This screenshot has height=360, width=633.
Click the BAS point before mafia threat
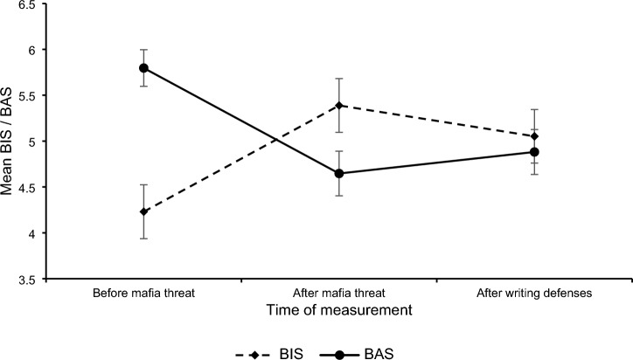pyautogui.click(x=143, y=67)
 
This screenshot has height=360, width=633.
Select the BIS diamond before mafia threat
pyautogui.click(x=143, y=211)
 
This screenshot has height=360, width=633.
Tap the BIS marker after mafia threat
pyautogui.click(x=339, y=105)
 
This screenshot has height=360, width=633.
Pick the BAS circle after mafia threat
pyautogui.click(x=339, y=174)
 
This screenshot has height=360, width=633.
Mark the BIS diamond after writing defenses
pyautogui.click(x=535, y=136)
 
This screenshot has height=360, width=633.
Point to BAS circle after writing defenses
pyautogui.click(x=535, y=152)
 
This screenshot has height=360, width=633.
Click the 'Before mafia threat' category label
pyautogui.click(x=143, y=294)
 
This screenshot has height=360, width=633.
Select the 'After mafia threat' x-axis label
pyautogui.click(x=339, y=294)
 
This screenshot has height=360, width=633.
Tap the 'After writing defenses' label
pyautogui.click(x=535, y=294)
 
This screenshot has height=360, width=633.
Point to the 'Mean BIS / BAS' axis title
pyautogui.click(x=10, y=142)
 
